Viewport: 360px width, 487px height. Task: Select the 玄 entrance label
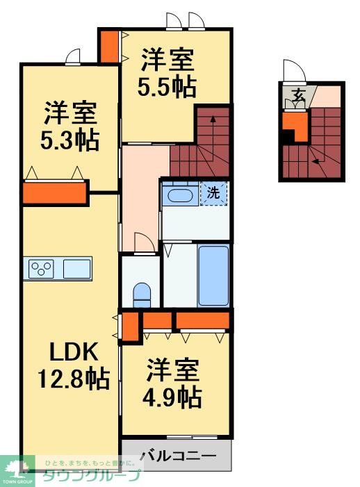(x=297, y=94)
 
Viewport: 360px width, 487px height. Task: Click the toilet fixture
(x=142, y=295)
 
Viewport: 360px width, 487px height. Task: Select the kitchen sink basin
(x=76, y=267)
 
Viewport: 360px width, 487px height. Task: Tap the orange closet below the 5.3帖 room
(x=56, y=192)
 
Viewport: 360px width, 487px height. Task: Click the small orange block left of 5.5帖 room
(x=109, y=47)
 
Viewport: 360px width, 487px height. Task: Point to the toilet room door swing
(x=144, y=243)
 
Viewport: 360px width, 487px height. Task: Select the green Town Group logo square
(x=18, y=470)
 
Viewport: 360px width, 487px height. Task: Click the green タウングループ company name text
(x=91, y=476)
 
